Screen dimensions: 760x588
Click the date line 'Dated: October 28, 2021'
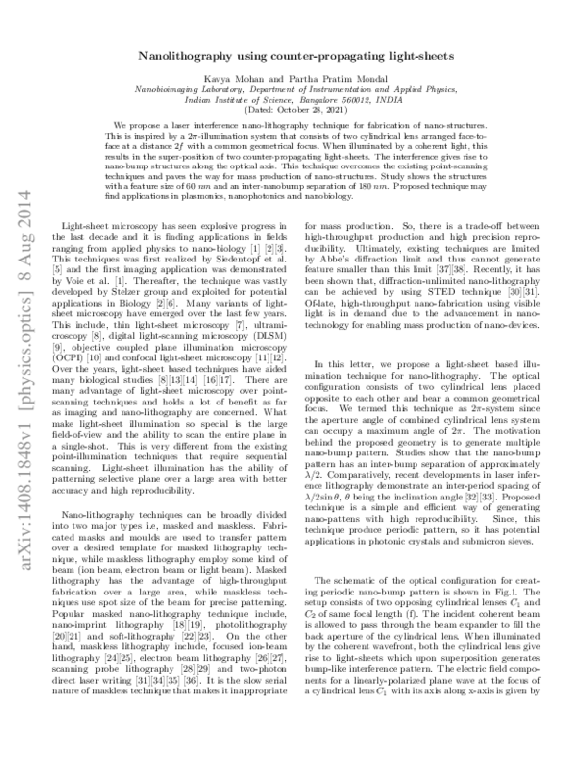coord(294,109)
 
